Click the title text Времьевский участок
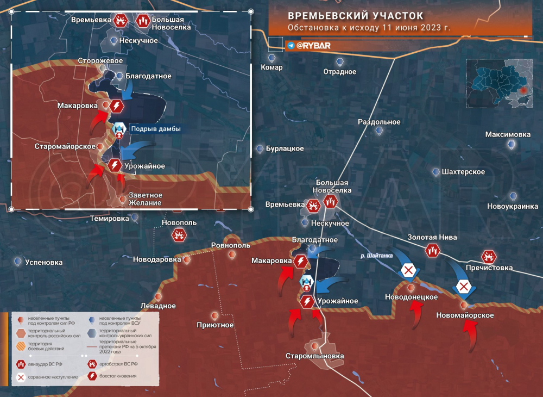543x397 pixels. click(356, 16)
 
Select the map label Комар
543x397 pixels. click(272, 67)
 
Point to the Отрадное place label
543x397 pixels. click(340, 72)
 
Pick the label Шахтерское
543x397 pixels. click(463, 172)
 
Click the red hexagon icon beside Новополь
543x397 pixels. click(179, 235)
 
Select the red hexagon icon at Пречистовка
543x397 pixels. click(489, 257)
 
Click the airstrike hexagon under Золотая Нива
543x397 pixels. click(432, 250)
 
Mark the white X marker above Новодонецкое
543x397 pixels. click(408, 270)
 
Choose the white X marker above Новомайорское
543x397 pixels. click(463, 287)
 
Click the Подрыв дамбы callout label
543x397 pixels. click(155, 129)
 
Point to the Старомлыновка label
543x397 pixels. click(315, 356)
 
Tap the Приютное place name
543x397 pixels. click(215, 325)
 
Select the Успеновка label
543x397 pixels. click(43, 262)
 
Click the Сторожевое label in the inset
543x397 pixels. click(100, 61)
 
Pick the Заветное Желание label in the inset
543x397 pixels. click(145, 199)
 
